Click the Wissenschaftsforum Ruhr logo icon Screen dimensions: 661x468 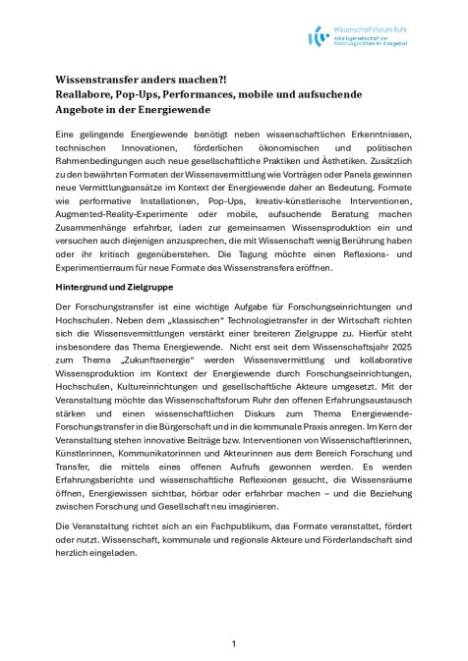(320, 37)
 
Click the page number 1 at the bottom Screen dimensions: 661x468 (234, 643)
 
